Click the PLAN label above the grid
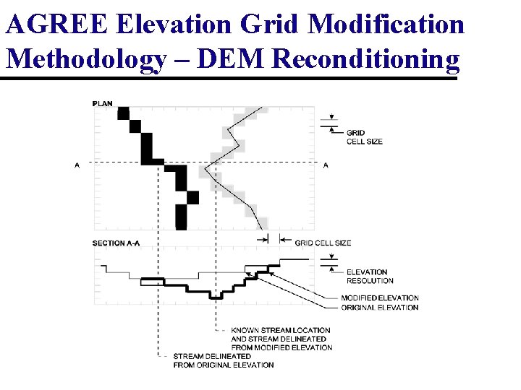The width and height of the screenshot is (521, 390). click(x=103, y=103)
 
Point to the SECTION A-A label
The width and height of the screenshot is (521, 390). click(x=116, y=243)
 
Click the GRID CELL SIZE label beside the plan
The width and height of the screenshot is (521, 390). click(x=364, y=137)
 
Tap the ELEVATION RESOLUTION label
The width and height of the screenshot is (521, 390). click(x=370, y=276)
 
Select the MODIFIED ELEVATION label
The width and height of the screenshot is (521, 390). click(x=379, y=298)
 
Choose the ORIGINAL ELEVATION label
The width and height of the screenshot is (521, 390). click(x=379, y=308)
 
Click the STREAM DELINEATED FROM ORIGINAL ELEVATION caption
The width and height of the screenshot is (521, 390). click(x=223, y=360)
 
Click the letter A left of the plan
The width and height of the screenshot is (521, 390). click(x=77, y=165)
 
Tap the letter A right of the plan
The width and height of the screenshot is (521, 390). click(x=326, y=165)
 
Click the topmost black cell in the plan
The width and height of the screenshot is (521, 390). click(x=123, y=113)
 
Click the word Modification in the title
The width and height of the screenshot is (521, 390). click(x=386, y=24)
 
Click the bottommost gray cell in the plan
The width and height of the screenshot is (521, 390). click(x=262, y=223)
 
